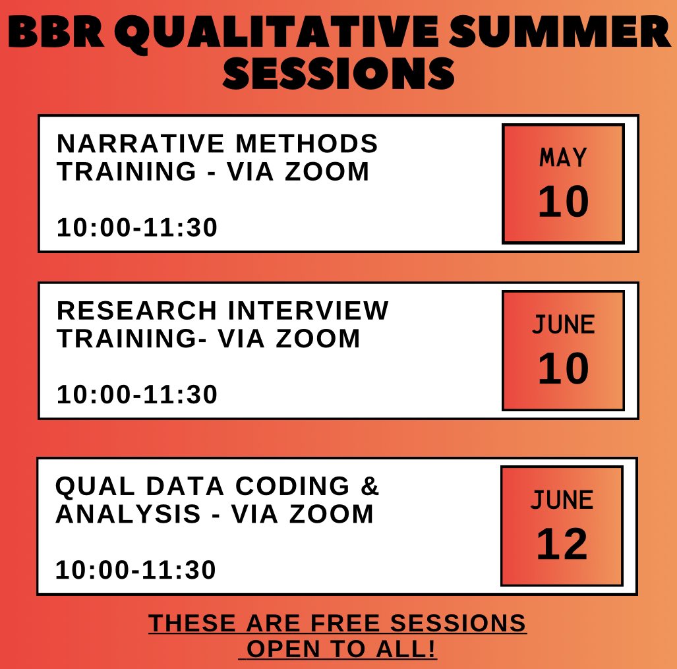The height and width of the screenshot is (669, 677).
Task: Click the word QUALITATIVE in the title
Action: click(x=280, y=34)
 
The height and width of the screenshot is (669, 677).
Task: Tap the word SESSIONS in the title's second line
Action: click(x=338, y=74)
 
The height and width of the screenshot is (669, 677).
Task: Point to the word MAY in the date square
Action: click(x=563, y=158)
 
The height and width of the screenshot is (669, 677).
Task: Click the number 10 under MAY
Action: click(x=563, y=202)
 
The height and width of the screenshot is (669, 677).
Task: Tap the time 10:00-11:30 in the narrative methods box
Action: click(x=137, y=228)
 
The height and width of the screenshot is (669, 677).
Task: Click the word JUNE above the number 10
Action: click(x=563, y=325)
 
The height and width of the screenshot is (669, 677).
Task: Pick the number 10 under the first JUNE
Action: click(x=563, y=369)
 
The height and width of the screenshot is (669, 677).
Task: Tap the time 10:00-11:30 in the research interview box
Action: click(x=137, y=395)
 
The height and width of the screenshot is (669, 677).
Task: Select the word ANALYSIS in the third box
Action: click(x=128, y=513)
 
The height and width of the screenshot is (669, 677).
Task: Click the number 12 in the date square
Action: click(x=562, y=544)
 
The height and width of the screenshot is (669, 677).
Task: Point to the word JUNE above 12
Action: click(x=562, y=500)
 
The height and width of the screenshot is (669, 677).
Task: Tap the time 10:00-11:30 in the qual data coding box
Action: click(x=136, y=570)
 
